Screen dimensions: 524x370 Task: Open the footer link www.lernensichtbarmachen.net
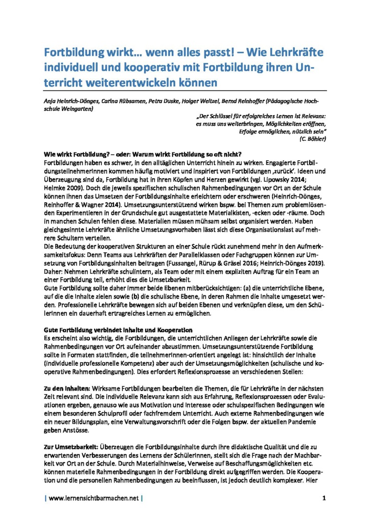click(x=94, y=498)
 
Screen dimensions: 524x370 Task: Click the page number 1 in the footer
click(x=324, y=498)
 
